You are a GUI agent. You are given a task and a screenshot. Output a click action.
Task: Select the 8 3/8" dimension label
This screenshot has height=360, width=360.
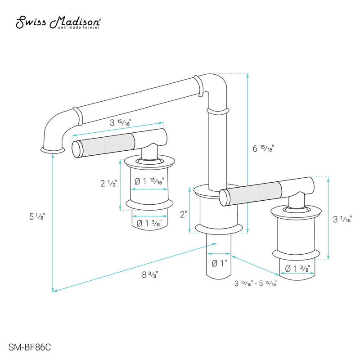pyautogui.click(x=150, y=274)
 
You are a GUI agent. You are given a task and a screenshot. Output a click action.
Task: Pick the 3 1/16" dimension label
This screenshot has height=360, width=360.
pyautogui.click(x=342, y=220)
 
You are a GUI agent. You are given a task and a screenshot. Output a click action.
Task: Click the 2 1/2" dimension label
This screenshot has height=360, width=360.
pyautogui.click(x=108, y=183)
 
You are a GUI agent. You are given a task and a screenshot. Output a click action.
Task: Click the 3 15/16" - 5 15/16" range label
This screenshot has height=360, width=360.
pyautogui.click(x=255, y=283)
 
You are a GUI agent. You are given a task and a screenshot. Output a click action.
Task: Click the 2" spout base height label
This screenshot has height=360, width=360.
pyautogui.click(x=183, y=215)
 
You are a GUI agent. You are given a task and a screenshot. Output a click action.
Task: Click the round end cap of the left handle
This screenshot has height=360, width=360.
pyautogui.click(x=78, y=148)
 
